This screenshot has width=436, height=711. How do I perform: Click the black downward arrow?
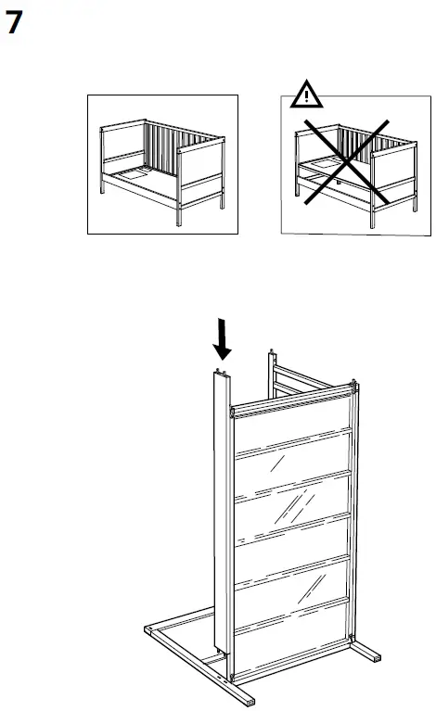point(222,339)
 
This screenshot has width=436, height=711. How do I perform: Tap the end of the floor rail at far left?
point(149,632)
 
